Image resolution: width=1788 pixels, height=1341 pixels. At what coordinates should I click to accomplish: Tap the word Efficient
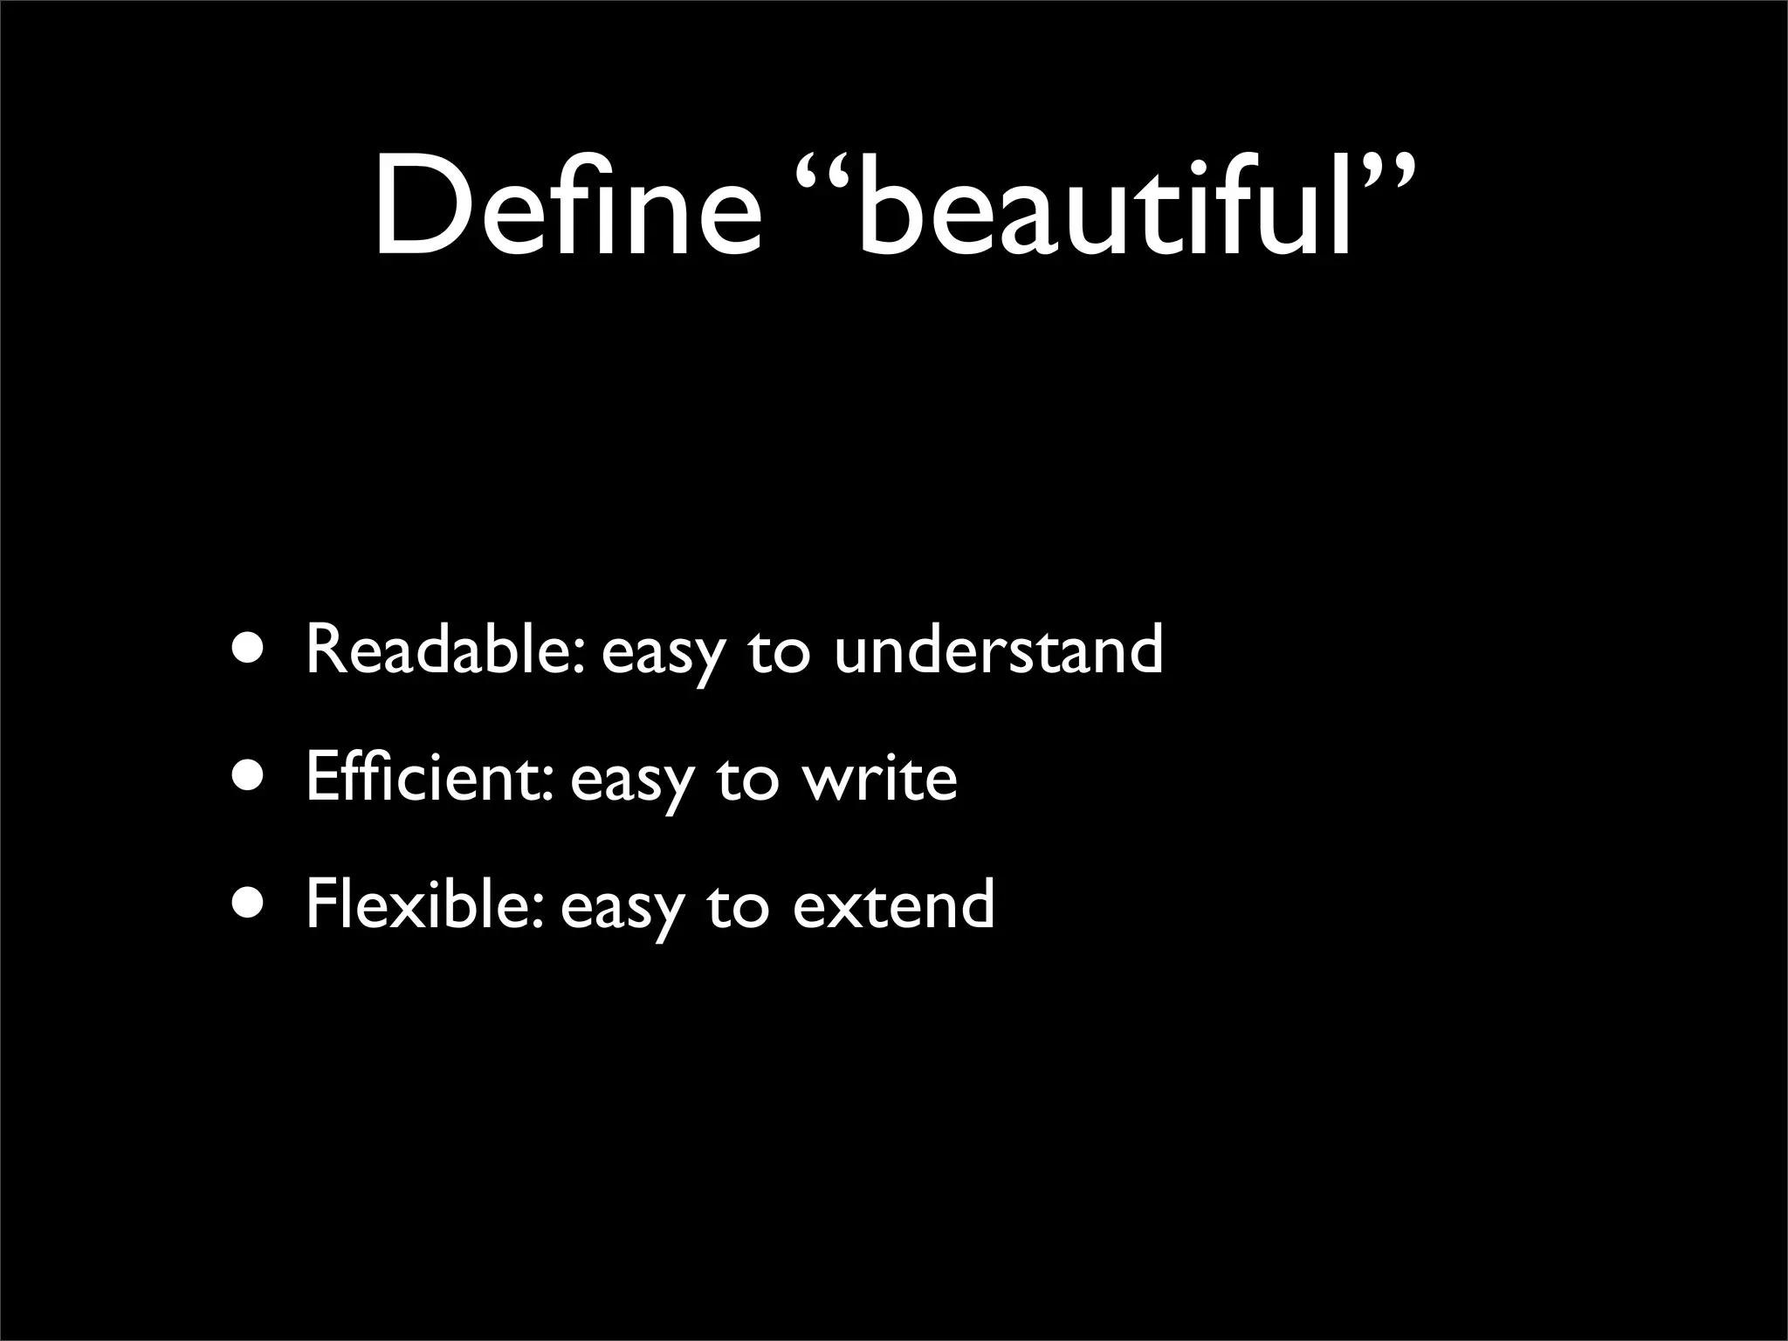tap(429, 776)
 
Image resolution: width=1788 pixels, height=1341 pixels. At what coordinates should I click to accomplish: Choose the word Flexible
tap(425, 904)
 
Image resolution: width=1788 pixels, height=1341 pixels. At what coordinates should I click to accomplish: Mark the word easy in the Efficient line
tap(630, 782)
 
